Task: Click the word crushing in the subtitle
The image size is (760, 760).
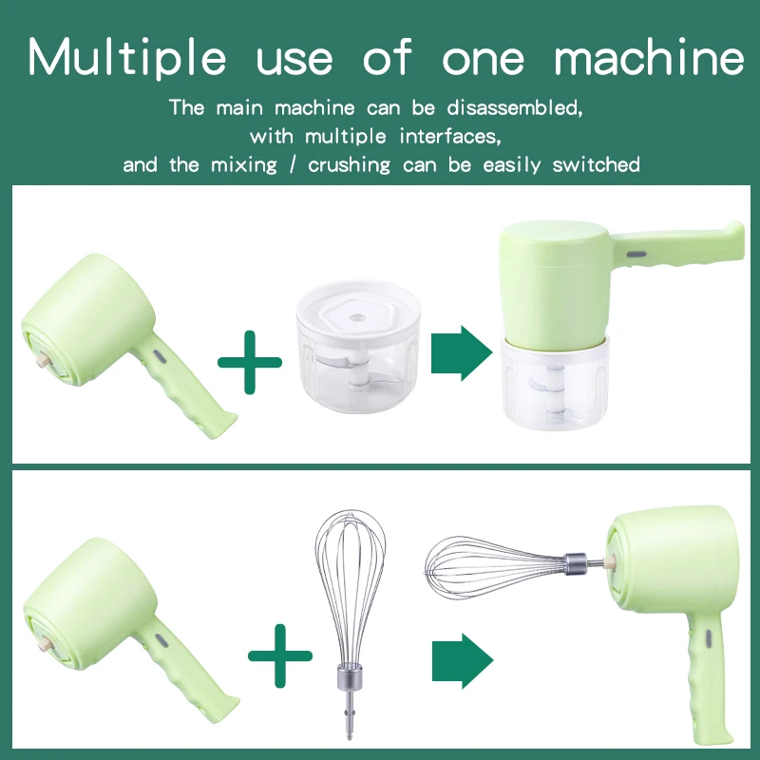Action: pos(349,164)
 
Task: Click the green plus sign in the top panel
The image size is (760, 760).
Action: pos(250,361)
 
